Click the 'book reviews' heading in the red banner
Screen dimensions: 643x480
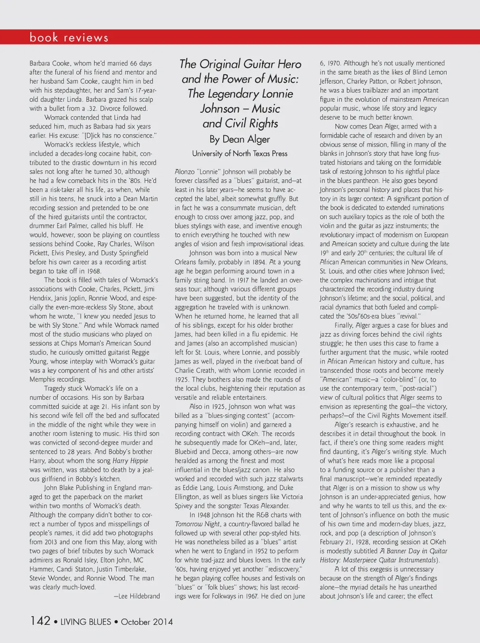tap(69, 38)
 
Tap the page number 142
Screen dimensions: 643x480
tap(40, 621)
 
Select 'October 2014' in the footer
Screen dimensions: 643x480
tap(147, 622)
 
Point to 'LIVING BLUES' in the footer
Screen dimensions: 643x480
tap(86, 622)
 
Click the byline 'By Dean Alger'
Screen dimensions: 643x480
tap(240, 139)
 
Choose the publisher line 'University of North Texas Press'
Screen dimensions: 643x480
tap(240, 153)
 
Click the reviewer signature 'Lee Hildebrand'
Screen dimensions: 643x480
tap(139, 596)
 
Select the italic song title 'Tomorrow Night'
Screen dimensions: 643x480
tap(197, 524)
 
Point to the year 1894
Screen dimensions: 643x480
tap(272, 262)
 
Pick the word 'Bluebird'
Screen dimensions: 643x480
tap(187, 452)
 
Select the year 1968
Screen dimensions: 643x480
tap(92, 271)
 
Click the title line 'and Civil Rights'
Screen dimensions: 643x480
tap(240, 123)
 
